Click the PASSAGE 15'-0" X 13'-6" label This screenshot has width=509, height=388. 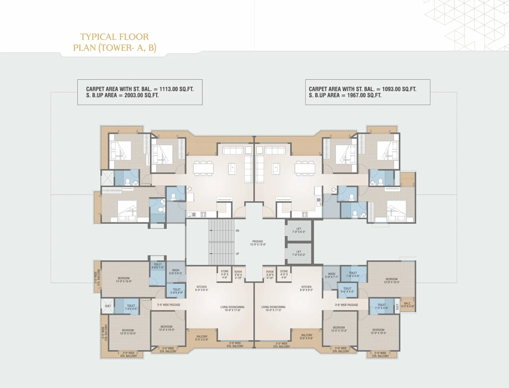tap(258, 243)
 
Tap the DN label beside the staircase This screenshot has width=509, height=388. tap(237, 231)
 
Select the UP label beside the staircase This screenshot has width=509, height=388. tap(237, 254)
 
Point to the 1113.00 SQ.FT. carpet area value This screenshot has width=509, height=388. tap(176, 89)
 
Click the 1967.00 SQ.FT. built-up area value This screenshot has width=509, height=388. tap(364, 95)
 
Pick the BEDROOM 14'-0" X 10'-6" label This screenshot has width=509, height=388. tap(124, 280)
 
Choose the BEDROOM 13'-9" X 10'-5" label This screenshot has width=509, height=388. tap(392, 281)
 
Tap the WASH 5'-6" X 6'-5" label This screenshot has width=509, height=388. tap(175, 272)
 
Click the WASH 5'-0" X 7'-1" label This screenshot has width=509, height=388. tap(332, 275)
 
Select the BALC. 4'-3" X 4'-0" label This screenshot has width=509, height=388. tap(407, 305)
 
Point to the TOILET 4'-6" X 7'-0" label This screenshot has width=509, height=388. tap(157, 266)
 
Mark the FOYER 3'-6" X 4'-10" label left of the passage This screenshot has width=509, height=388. tap(238, 275)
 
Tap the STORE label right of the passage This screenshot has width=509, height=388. tap(284, 272)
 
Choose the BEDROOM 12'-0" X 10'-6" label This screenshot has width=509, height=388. tap(128, 332)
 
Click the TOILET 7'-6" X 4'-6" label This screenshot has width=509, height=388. tap(353, 274)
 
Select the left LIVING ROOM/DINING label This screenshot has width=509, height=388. tap(232, 307)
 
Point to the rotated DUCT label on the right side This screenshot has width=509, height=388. tap(397, 307)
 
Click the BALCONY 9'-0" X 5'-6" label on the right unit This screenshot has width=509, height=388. tap(307, 337)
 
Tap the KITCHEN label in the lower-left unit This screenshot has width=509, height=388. tap(202, 287)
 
